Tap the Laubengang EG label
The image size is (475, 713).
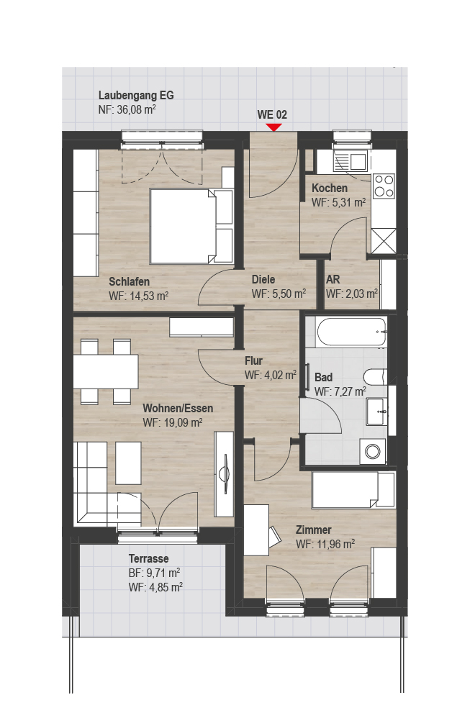pos(136,96)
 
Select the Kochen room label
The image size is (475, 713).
pos(330,188)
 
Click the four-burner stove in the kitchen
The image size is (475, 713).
pos(384,186)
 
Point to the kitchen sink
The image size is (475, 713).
pos(350,161)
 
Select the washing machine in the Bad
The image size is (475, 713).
pos(373,451)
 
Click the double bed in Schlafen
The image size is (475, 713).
pos(191,226)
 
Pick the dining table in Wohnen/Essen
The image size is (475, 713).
pos(106,371)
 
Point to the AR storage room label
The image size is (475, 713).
pos(332,280)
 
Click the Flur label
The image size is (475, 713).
pos(254,360)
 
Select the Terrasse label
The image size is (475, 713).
pos(148,558)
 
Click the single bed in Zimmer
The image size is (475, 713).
pos(353,490)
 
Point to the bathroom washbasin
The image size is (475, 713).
pos(376,411)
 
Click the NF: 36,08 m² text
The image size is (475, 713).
pos(127,110)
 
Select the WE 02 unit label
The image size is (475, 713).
pos(272,114)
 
